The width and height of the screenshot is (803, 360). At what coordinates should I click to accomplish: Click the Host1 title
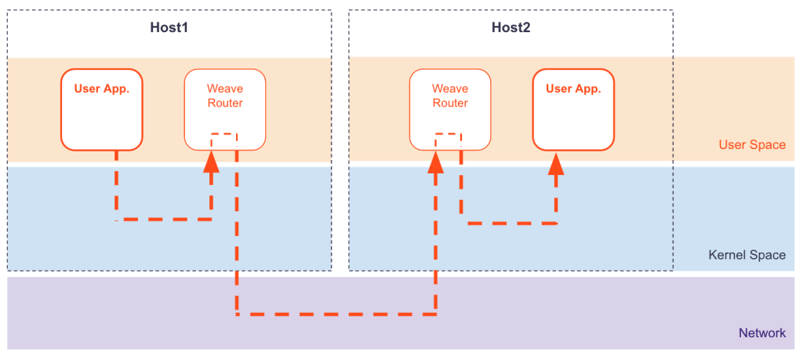(x=169, y=27)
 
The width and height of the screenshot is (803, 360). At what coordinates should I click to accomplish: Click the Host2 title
(x=511, y=27)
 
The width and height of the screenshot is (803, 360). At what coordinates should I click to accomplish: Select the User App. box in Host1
(x=102, y=110)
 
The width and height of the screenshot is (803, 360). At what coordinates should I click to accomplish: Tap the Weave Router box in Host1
(x=224, y=110)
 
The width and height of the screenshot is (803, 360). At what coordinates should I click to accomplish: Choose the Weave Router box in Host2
(x=450, y=110)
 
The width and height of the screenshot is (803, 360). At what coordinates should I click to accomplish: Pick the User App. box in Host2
(x=572, y=110)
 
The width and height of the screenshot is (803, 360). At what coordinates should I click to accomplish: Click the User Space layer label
(x=751, y=144)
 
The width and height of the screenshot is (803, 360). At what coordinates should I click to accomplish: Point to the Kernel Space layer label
(x=747, y=255)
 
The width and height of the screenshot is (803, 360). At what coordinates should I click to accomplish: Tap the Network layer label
(x=761, y=333)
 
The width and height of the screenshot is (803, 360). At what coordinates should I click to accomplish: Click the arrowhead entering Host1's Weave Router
(x=211, y=162)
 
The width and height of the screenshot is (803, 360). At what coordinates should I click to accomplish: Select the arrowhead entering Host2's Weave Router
(x=436, y=162)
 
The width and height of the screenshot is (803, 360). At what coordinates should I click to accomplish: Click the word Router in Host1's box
(x=224, y=103)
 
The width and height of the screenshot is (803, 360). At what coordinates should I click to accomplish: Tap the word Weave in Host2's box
(x=450, y=89)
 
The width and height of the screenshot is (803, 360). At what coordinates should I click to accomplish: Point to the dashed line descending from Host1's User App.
(x=116, y=184)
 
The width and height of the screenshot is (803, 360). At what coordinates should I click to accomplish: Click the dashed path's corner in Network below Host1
(x=236, y=315)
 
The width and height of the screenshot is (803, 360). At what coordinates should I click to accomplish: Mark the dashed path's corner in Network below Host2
(x=436, y=315)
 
